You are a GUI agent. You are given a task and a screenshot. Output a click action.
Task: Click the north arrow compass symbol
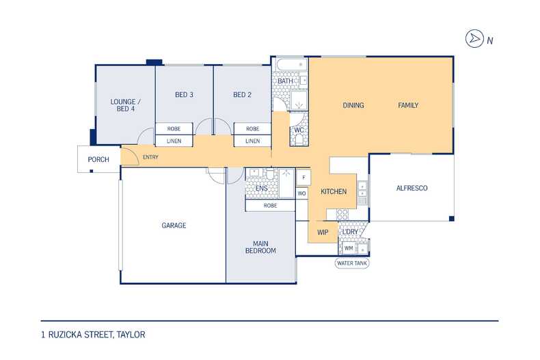tap(474, 39)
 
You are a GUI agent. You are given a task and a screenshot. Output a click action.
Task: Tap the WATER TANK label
tap(352, 263)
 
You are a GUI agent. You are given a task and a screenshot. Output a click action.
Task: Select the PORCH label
tap(98, 160)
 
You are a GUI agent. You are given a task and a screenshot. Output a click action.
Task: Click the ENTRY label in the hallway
tap(150, 157)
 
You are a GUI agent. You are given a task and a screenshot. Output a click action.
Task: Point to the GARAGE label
tap(174, 225)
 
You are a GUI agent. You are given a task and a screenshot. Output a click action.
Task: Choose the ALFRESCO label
tap(412, 189)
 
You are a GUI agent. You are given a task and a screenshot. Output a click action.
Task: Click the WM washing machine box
tap(349, 248)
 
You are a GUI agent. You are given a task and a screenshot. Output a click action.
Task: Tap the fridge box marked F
tap(303, 178)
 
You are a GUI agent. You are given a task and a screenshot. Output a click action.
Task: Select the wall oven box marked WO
tap(301, 193)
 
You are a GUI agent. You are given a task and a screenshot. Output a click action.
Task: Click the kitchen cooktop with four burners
tap(342, 214)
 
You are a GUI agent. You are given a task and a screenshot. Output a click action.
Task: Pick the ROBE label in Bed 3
tap(174, 128)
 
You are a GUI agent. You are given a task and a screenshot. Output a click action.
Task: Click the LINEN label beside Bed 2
tap(253, 141)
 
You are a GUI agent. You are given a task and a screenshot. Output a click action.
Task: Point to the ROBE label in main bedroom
tap(271, 206)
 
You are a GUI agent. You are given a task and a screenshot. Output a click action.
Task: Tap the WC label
tap(299, 130)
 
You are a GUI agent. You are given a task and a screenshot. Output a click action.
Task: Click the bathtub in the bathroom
tap(292, 65)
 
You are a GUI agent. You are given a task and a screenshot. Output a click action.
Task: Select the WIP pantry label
tap(323, 233)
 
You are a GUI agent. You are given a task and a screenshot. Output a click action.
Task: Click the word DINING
tap(353, 105)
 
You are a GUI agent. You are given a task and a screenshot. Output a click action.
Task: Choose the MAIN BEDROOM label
tap(260, 247)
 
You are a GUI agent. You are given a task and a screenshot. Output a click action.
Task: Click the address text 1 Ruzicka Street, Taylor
tap(94, 335)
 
